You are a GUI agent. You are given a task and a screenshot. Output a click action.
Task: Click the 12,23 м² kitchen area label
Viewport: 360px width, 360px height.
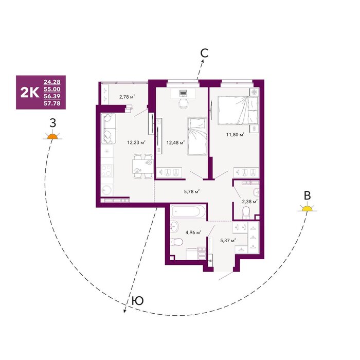[x=136, y=142]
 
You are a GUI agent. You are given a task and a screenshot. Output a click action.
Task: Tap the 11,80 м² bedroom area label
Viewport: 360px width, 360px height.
[x=235, y=135]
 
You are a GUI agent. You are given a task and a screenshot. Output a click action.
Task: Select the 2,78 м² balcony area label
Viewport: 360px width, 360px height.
[x=127, y=97]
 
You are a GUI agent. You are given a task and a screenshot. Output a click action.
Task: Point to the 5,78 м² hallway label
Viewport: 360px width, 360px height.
[x=192, y=191]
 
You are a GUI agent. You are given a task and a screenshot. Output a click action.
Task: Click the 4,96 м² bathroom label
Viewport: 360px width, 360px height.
[x=193, y=232]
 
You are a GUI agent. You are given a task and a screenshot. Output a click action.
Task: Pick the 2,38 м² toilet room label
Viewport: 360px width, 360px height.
[x=249, y=202]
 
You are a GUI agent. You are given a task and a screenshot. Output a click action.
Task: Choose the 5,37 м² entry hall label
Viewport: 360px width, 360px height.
[x=228, y=241]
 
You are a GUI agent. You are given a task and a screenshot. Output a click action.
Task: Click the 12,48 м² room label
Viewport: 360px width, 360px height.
[x=175, y=143]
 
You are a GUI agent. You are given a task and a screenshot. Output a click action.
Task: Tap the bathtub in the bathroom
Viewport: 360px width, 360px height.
[x=188, y=211]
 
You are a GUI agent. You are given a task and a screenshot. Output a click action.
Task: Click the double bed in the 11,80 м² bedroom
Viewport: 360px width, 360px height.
[x=238, y=110]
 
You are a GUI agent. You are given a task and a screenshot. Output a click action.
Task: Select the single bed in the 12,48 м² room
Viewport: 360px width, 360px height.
[x=197, y=137]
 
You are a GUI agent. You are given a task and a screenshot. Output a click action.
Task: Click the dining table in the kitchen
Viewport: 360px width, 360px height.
[x=143, y=167]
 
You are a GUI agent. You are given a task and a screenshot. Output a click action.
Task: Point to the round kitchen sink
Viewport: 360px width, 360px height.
[x=106, y=190]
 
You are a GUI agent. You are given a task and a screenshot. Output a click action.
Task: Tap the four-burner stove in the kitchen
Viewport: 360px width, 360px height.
[x=107, y=171]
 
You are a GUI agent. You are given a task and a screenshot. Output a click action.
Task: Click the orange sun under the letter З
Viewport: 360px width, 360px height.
[x=52, y=136]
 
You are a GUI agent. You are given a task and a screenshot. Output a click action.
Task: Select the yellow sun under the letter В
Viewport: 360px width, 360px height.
[x=307, y=208]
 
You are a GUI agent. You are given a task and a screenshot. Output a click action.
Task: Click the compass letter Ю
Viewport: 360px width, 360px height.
[x=138, y=300]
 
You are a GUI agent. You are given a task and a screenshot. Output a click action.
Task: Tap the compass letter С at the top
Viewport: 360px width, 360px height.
[x=204, y=53]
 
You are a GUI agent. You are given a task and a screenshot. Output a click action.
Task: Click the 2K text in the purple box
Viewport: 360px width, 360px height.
[x=30, y=93]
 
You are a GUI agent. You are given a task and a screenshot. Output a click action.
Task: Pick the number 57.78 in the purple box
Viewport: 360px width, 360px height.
[x=52, y=103]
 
